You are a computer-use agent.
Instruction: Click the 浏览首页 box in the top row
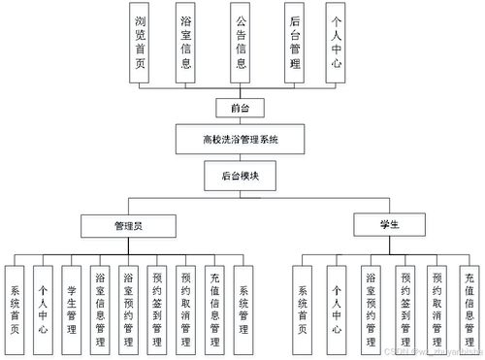tap(143, 38)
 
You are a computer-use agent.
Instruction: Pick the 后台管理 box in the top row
tap(295, 38)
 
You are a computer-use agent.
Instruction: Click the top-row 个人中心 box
tap(336, 38)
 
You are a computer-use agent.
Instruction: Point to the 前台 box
tap(240, 107)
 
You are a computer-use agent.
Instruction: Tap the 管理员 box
tap(128, 225)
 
